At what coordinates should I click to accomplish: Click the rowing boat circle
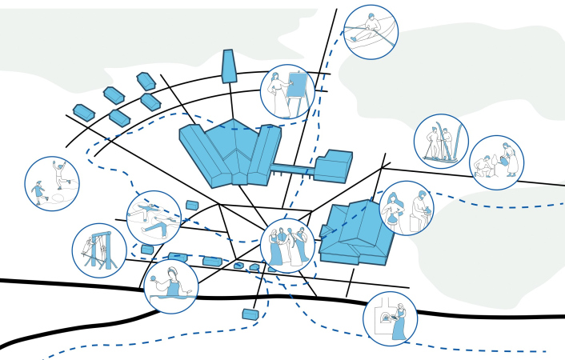tap(371, 32)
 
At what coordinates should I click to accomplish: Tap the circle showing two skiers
tap(441, 142)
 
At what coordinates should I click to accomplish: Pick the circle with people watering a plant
tap(496, 162)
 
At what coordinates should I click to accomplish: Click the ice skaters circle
tap(52, 183)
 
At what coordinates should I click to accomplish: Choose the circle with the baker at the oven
tap(391, 318)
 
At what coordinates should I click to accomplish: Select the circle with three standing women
tap(287, 246)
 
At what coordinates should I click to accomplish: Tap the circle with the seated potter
tap(407, 208)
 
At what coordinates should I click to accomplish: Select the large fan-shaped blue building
tap(229, 152)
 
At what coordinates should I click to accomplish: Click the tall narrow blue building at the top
tap(230, 66)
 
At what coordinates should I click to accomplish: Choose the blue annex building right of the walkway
tap(333, 166)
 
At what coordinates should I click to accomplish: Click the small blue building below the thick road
tap(251, 314)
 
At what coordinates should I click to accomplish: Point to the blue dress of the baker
tap(399, 328)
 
